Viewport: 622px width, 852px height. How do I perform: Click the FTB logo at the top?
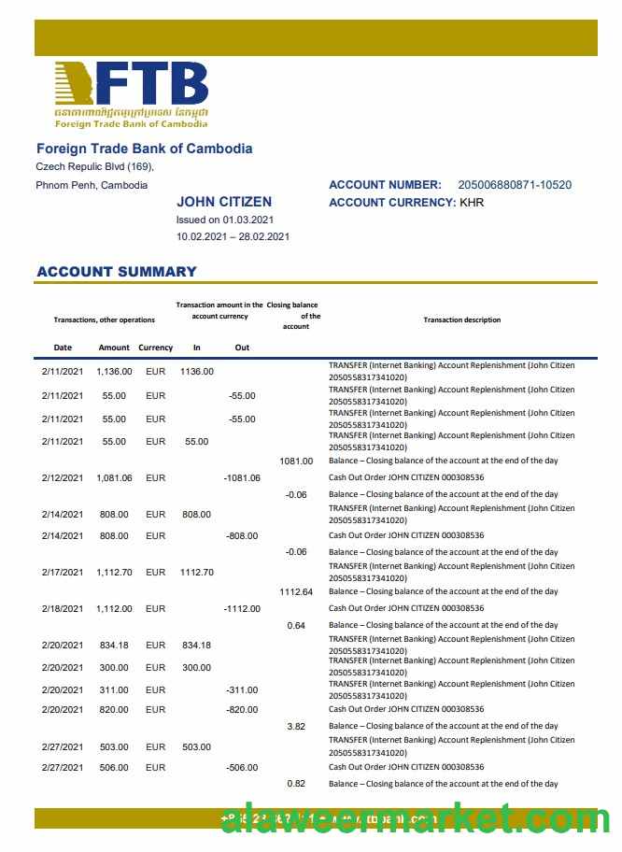[x=131, y=93]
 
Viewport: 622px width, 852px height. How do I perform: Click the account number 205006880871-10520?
[x=515, y=185]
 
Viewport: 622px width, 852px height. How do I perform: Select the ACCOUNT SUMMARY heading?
[x=116, y=272]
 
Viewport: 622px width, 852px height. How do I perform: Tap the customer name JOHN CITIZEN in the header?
[x=224, y=202]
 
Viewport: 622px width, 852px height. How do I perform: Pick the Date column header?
[x=63, y=348]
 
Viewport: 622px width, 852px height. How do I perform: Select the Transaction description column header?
[x=461, y=319]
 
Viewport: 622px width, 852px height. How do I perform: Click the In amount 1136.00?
[x=196, y=371]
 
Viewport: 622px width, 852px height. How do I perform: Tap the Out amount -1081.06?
[x=242, y=477]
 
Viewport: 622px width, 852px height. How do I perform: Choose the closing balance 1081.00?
[x=296, y=461]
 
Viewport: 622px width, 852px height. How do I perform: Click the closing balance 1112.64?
[x=296, y=591]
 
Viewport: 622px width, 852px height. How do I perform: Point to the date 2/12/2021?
[x=63, y=477]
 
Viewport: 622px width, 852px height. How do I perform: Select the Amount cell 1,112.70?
[x=114, y=572]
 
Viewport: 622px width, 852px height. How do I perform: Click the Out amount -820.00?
[x=242, y=709]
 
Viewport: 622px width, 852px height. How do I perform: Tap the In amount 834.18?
[x=196, y=645]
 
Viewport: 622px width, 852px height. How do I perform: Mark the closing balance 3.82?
[x=296, y=726]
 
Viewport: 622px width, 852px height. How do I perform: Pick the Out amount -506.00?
[x=242, y=767]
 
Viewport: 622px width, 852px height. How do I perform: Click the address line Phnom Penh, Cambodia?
[x=92, y=185]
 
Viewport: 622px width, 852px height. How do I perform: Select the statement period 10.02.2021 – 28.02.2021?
[x=233, y=236]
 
